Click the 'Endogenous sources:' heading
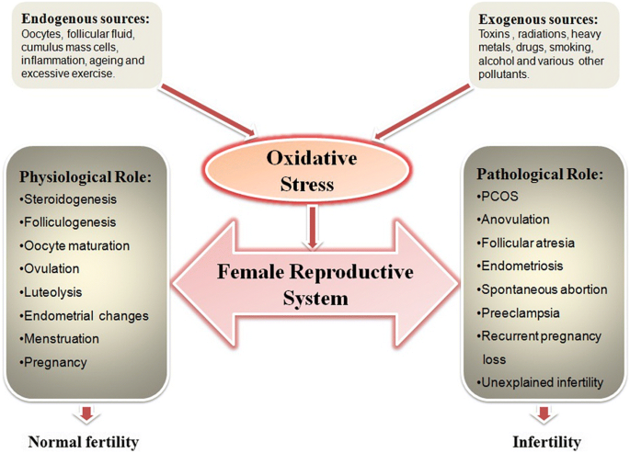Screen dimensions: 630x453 coord(86,19)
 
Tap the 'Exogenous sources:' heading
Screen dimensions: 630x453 coord(538,19)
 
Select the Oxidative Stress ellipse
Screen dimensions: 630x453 coord(307,171)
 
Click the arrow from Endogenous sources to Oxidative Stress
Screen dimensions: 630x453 coord(208,111)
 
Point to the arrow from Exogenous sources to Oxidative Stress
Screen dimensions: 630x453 coord(421,112)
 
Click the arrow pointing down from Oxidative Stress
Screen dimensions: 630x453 coord(312,227)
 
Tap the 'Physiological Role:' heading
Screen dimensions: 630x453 coord(86,177)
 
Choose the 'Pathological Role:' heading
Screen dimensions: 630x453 coord(540,175)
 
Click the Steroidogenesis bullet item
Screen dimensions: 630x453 coord(68,199)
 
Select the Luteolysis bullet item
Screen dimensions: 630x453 coord(51,292)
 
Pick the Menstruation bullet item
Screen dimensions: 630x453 coord(59,339)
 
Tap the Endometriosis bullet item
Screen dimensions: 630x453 coord(520,266)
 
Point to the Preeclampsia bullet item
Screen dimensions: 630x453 coord(518,313)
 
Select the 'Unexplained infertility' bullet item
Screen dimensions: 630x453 coord(540,382)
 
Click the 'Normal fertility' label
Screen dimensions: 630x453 coord(84,442)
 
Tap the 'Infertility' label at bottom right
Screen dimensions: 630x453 coord(547,442)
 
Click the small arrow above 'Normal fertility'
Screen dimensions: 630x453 coord(86,413)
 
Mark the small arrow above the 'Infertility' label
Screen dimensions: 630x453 coord(544,413)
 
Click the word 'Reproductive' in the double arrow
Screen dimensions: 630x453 coord(351,272)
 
